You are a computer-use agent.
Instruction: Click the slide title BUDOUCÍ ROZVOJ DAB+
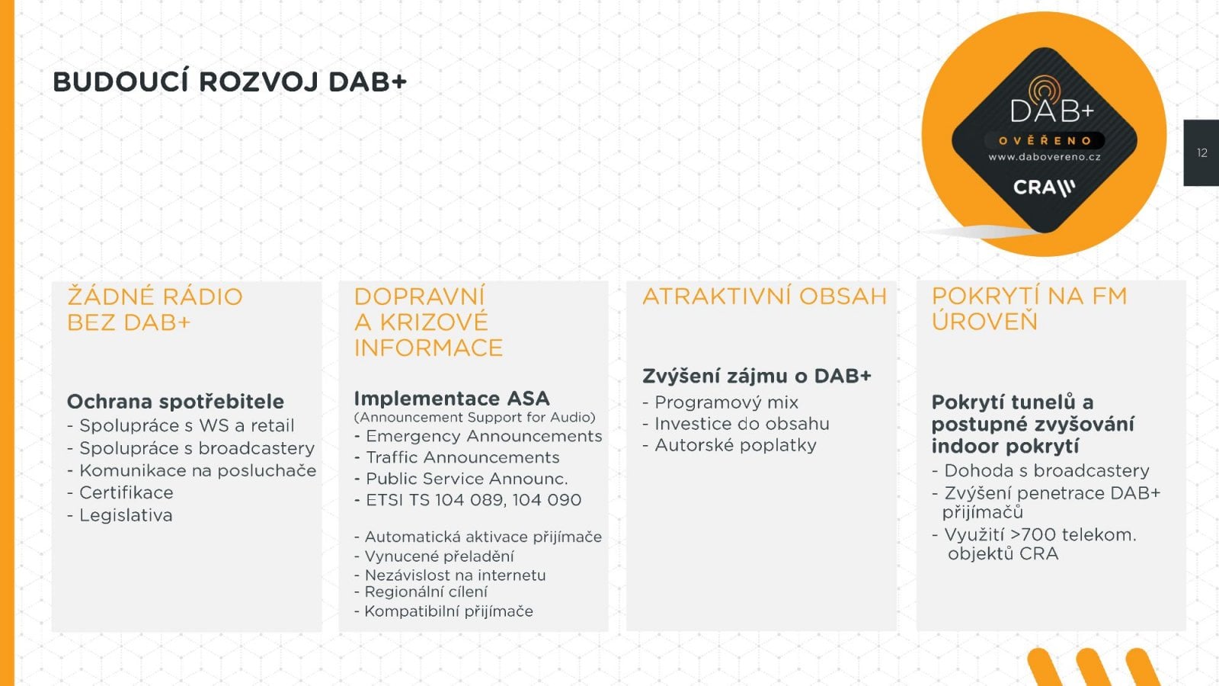point(229,82)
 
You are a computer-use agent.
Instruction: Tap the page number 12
point(1202,153)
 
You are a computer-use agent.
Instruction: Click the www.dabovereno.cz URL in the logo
point(1045,157)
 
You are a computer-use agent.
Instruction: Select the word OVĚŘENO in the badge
point(1045,140)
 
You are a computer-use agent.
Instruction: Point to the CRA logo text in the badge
point(1043,188)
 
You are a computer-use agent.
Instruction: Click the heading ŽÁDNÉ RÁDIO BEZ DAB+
point(155,309)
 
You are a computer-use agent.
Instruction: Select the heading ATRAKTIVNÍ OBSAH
point(764,297)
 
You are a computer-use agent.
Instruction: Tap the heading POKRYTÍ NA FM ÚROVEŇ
point(1029,309)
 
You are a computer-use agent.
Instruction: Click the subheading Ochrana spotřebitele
point(175,402)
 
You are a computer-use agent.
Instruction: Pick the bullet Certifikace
point(126,493)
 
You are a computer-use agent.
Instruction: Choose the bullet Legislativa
point(126,515)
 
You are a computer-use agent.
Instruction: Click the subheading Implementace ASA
point(451,399)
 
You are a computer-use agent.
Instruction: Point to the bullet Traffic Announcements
point(462,457)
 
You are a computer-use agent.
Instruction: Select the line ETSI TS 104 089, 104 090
point(473,500)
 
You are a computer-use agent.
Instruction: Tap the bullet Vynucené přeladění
point(439,556)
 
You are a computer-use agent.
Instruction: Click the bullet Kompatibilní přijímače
point(448,611)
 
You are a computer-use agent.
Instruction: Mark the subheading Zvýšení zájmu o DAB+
point(757,376)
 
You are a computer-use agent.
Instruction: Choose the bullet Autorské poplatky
point(735,445)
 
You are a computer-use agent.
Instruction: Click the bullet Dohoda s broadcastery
point(1046,471)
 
